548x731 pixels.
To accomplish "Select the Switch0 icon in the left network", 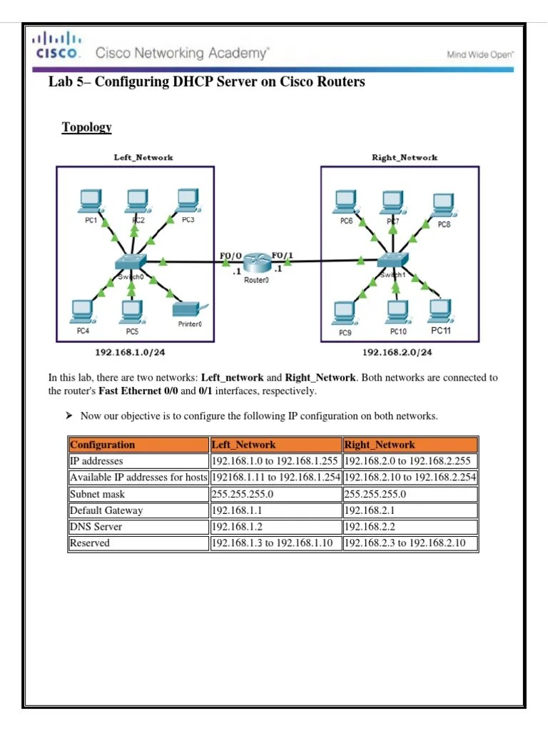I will pyautogui.click(x=131, y=262).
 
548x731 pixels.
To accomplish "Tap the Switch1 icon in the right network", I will pyautogui.click(x=392, y=261).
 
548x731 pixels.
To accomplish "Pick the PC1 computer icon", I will pyautogui.click(x=91, y=201).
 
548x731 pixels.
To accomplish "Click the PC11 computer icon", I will pyautogui.click(x=440, y=311).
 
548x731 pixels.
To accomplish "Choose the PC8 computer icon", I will pyautogui.click(x=443, y=203).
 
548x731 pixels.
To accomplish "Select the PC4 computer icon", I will pyautogui.click(x=82, y=311).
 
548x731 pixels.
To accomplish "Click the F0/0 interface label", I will pyautogui.click(x=232, y=255).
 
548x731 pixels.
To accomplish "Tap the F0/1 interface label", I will pyautogui.click(x=282, y=255).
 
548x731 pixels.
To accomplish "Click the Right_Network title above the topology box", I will pyautogui.click(x=405, y=157).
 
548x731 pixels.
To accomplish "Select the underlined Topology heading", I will pyautogui.click(x=86, y=127).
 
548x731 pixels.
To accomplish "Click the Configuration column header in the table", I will pyautogui.click(x=103, y=445).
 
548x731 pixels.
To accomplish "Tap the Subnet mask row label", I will pyautogui.click(x=97, y=494).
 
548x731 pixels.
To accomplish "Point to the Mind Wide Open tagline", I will pyautogui.click(x=480, y=54).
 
